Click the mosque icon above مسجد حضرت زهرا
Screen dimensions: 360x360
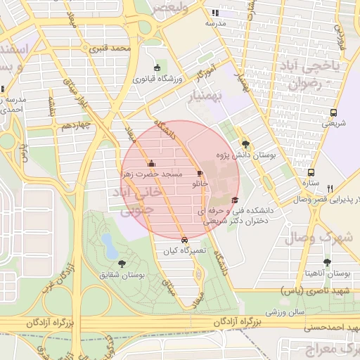pos(150,163)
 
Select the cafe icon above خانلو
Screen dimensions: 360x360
pos(200,173)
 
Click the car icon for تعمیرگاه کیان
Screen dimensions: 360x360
pos(184,239)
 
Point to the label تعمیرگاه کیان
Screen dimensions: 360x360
pos(182,250)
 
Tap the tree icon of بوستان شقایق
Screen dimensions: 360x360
pos(122,264)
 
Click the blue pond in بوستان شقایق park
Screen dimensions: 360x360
pos(110,245)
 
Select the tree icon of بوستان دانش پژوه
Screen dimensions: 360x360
pos(245,141)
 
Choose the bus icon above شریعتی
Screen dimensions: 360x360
pos(333,112)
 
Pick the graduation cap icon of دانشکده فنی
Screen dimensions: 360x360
pos(234,200)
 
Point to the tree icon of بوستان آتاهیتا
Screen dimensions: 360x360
pos(327,262)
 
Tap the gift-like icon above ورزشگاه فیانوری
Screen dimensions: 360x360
pos(156,67)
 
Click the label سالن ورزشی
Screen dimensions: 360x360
pos(284,310)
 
